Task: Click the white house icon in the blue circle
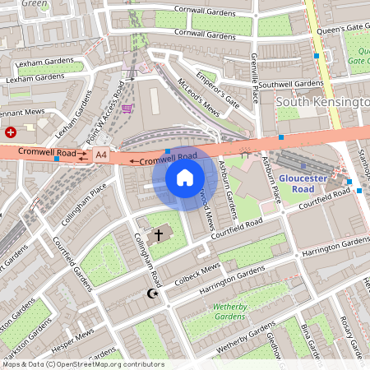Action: tap(185, 178)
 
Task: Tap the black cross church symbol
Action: tap(159, 234)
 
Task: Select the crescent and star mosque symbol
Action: tap(150, 294)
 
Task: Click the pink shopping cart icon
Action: tap(127, 108)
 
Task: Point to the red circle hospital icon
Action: tap(11, 132)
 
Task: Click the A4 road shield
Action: tap(100, 154)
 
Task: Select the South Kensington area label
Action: tap(322, 101)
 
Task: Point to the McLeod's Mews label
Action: tap(200, 96)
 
